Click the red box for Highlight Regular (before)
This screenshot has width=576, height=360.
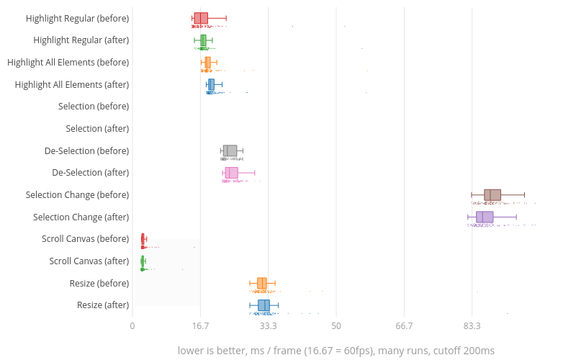[201, 18]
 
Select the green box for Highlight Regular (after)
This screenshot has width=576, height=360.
[203, 40]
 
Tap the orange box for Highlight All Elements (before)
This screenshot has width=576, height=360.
[207, 63]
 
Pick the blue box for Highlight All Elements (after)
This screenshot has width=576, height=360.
[211, 84]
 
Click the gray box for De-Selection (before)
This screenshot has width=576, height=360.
[230, 150]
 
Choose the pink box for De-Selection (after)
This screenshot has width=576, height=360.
[231, 173]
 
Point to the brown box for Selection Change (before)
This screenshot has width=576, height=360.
[492, 194]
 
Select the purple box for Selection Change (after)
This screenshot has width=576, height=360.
[485, 217]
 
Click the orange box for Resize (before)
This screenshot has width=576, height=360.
[262, 283]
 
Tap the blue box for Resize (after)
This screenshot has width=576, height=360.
[264, 305]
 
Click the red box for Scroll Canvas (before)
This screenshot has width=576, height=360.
[143, 239]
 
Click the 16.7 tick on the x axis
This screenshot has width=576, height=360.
[200, 325]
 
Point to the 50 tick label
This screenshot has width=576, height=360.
[336, 325]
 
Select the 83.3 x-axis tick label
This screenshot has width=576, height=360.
[472, 325]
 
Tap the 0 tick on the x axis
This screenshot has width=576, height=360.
[132, 325]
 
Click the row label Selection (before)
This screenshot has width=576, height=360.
[94, 107]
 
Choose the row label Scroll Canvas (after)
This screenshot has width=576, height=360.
[89, 261]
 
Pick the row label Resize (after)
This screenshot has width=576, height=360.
[103, 305]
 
